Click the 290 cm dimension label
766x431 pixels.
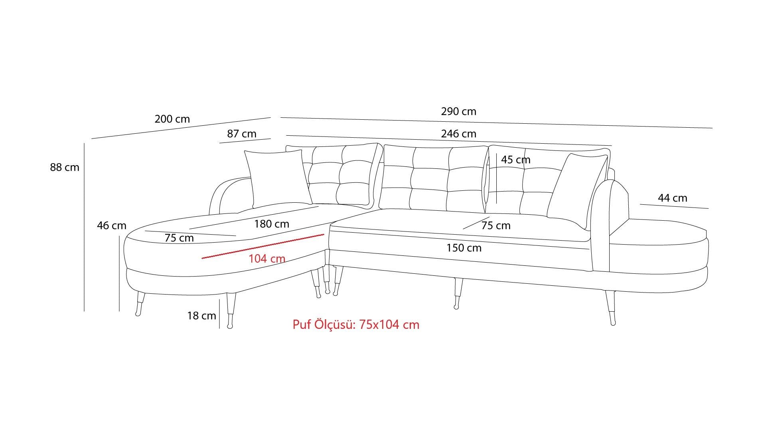click(458, 111)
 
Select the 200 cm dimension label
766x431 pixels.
click(172, 119)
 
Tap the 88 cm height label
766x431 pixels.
click(65, 167)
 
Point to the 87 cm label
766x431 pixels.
click(242, 134)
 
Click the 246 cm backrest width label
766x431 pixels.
click(458, 134)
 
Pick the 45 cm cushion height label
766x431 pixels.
click(515, 160)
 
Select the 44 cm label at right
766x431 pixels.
click(672, 198)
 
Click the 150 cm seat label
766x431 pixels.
click(464, 248)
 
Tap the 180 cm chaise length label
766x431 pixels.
click(271, 224)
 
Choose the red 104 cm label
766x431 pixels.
click(267, 259)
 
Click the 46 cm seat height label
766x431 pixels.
click(111, 225)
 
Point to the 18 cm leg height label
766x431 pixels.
click(201, 316)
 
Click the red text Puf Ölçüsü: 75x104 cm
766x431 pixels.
click(356, 324)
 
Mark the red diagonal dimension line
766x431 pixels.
click(263, 246)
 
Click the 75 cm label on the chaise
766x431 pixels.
click(179, 238)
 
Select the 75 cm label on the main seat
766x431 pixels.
click(496, 225)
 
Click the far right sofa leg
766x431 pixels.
click(611, 307)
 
